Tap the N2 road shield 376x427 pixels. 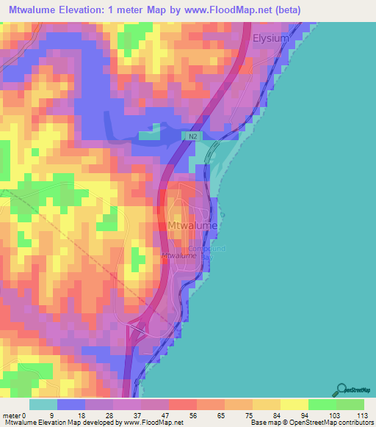[192, 136]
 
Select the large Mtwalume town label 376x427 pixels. [193, 226]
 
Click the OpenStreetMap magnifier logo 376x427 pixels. [342, 390]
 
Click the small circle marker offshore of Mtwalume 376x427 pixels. [223, 215]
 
